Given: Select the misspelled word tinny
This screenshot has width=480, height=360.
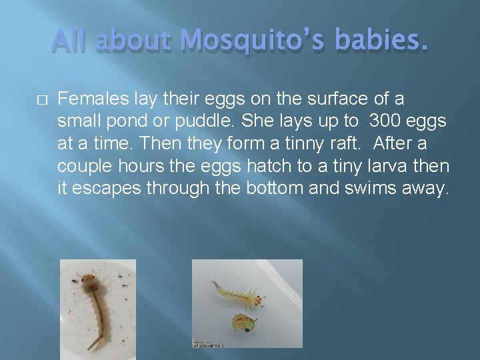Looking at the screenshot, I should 283,143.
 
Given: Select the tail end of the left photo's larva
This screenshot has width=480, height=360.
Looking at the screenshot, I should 95,344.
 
